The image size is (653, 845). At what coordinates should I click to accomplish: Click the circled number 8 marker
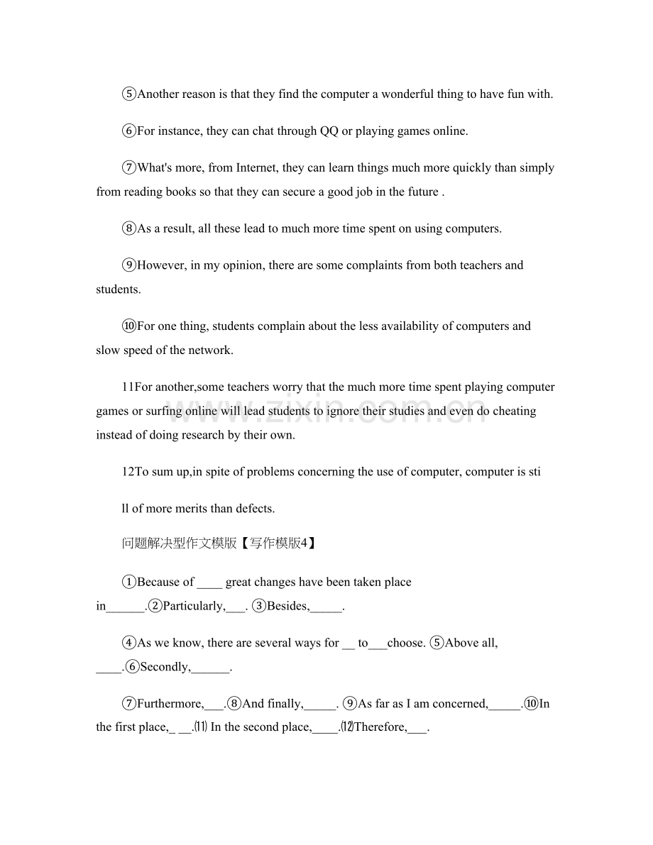pos(129,228)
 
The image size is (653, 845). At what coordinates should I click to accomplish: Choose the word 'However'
pos(161,265)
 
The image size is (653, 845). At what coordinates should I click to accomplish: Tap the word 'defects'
pos(253,508)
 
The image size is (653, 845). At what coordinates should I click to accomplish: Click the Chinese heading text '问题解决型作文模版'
pos(179,544)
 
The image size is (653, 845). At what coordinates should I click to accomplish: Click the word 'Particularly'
pos(193,606)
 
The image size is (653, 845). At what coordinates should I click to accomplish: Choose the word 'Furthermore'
pos(169,704)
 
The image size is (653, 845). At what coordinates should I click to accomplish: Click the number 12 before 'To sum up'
pos(128,472)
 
